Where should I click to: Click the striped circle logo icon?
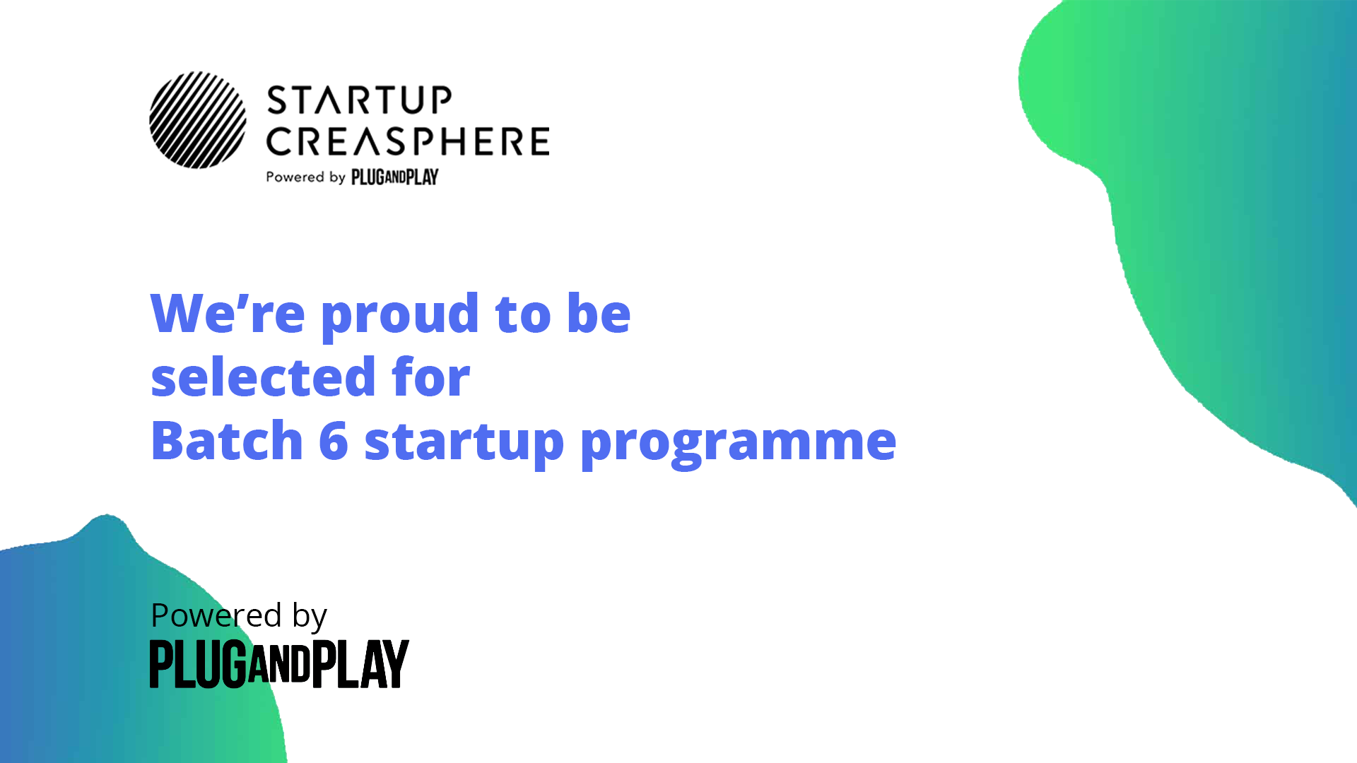tap(198, 120)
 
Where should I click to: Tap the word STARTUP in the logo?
tap(359, 100)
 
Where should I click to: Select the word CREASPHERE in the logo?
tap(408, 141)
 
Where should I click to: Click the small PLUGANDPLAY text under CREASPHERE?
tap(395, 177)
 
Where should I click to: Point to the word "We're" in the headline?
tap(228, 312)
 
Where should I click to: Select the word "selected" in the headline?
tap(263, 376)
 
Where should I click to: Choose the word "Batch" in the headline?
tap(227, 439)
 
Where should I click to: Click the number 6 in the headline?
tap(334, 440)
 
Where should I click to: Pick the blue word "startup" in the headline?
tap(464, 444)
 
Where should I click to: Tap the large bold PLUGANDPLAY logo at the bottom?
tap(279, 663)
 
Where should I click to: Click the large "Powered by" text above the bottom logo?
tap(239, 616)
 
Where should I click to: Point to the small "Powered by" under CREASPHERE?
tap(305, 177)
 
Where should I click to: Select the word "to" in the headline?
tap(523, 314)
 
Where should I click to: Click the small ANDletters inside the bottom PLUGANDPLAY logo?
tap(279, 663)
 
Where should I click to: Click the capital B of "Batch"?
tap(167, 439)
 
